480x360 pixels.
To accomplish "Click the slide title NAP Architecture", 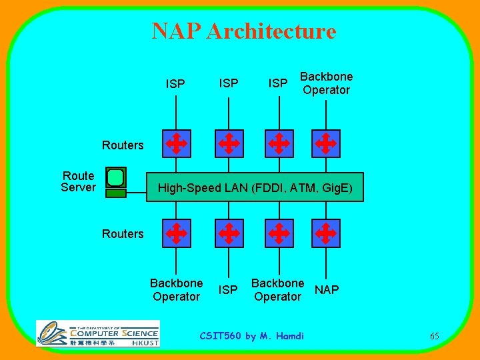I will click(244, 31).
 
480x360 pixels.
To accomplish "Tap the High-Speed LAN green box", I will click(255, 187).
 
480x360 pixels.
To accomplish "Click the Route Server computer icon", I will click(116, 181).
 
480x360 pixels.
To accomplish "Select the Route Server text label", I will click(78, 181).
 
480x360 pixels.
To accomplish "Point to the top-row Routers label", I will click(123, 145).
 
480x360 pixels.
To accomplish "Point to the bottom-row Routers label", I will click(123, 234).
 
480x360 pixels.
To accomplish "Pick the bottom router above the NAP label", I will click(326, 233).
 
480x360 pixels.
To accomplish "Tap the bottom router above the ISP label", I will click(229, 233).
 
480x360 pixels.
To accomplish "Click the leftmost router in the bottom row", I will click(176, 233).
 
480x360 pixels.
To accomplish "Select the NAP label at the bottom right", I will click(327, 290).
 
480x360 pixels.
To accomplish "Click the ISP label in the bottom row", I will click(229, 290).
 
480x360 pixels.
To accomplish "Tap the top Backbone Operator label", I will click(326, 83).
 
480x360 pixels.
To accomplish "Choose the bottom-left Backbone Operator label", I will click(176, 290).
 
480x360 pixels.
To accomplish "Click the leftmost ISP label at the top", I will click(175, 84).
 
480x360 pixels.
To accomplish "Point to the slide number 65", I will click(434, 336).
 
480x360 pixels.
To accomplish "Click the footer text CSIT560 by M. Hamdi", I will click(252, 336).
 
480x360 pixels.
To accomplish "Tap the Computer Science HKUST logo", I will click(98, 333).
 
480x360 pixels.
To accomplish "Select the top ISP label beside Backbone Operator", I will click(278, 83).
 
